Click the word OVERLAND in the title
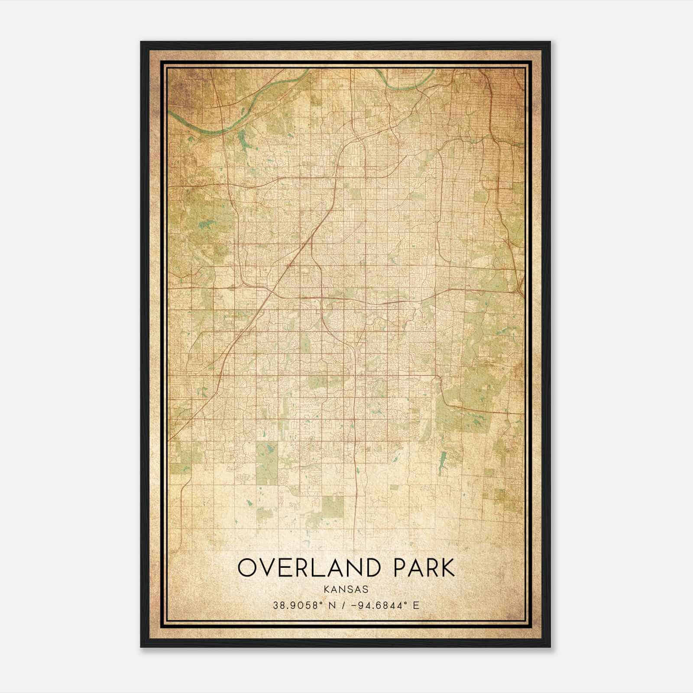[x=311, y=568]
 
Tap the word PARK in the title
[x=424, y=568]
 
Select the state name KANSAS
[x=346, y=589]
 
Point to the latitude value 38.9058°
[x=301, y=606]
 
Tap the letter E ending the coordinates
[x=416, y=606]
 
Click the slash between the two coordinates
[x=343, y=606]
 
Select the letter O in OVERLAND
[x=248, y=568]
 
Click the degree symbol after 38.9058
[x=323, y=603]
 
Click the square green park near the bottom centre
[x=332, y=507]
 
